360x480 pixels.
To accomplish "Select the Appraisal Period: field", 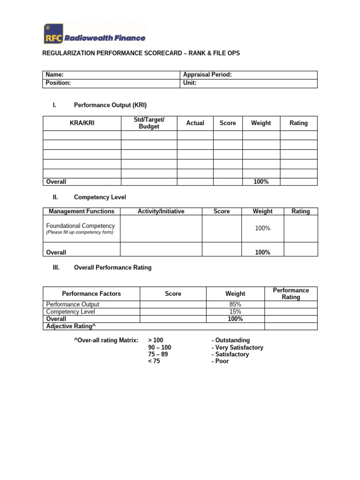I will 207,75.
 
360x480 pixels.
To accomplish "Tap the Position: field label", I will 58,83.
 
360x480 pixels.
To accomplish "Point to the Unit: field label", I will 190,83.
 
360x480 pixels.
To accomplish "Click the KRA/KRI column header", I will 82,123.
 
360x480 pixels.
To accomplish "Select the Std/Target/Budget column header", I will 149,123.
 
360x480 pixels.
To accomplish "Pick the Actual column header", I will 195,123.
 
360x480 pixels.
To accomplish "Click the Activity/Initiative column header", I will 161,211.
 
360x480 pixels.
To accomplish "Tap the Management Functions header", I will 82,211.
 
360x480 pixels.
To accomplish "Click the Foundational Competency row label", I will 80,226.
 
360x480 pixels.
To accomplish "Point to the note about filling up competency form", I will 79,232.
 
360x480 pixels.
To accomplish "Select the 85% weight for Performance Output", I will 235,304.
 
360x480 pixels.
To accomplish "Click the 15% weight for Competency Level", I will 235,311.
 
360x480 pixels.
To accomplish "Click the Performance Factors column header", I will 91,294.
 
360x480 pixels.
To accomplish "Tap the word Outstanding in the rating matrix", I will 232,340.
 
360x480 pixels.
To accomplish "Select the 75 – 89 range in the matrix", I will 158,354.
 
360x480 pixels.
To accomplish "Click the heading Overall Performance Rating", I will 112,268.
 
